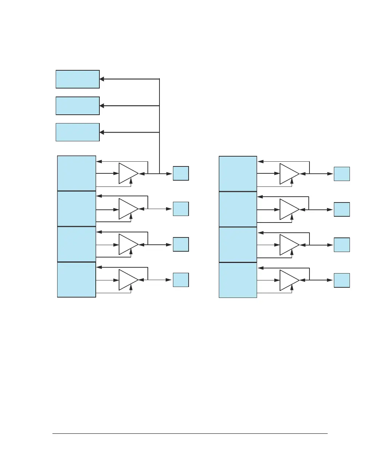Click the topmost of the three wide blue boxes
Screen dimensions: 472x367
78,79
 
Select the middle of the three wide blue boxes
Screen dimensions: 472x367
78,106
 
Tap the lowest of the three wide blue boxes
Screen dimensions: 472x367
78,132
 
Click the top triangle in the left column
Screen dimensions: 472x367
127,173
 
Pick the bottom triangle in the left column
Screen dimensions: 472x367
127,280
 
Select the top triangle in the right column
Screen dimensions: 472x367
288,174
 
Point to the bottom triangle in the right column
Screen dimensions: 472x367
288,280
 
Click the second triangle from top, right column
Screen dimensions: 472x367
288,209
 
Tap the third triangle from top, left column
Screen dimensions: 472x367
127,244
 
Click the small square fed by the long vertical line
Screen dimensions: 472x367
181,173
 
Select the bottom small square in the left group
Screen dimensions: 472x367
181,280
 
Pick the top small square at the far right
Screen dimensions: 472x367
342,174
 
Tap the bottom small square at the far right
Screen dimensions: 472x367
342,280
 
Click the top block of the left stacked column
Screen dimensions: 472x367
76,173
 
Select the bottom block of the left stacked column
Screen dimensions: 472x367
76,280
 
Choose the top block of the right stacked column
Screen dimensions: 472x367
238,174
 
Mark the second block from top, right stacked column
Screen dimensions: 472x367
238,209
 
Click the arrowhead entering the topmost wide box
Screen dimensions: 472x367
102,79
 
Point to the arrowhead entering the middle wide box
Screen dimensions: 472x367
102,106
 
